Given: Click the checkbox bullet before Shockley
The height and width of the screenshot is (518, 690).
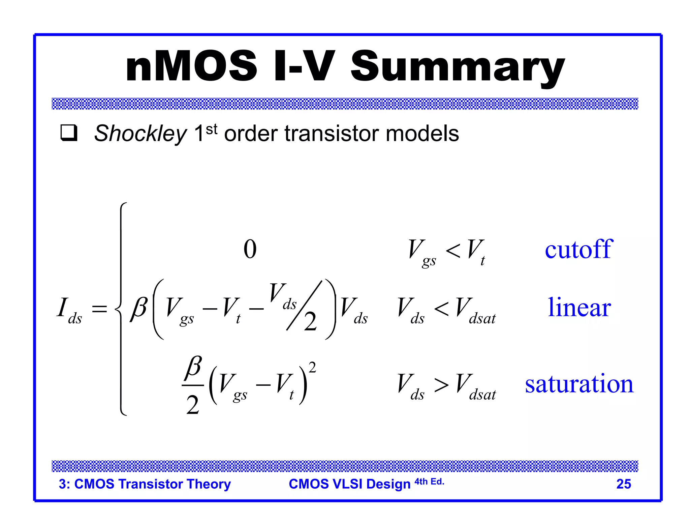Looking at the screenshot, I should (69, 133).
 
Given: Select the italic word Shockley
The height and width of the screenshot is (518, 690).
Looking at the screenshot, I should (140, 134).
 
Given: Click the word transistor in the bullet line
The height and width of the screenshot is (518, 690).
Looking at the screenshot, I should (332, 134).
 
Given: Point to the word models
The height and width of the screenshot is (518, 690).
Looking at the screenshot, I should (422, 134).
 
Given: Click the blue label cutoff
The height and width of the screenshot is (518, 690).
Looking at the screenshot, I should (578, 250).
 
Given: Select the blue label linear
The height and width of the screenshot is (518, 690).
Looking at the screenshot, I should (579, 307).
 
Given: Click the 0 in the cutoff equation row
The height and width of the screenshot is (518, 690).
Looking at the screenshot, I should (250, 250).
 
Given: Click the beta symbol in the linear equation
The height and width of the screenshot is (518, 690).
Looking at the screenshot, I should (139, 308).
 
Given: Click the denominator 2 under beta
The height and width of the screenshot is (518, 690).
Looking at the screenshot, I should (193, 405).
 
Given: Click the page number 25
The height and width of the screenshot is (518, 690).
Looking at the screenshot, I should (623, 484).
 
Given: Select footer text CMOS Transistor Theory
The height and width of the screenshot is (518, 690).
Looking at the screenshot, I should (152, 484).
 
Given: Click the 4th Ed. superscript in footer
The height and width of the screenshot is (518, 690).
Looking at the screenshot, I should (429, 482).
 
